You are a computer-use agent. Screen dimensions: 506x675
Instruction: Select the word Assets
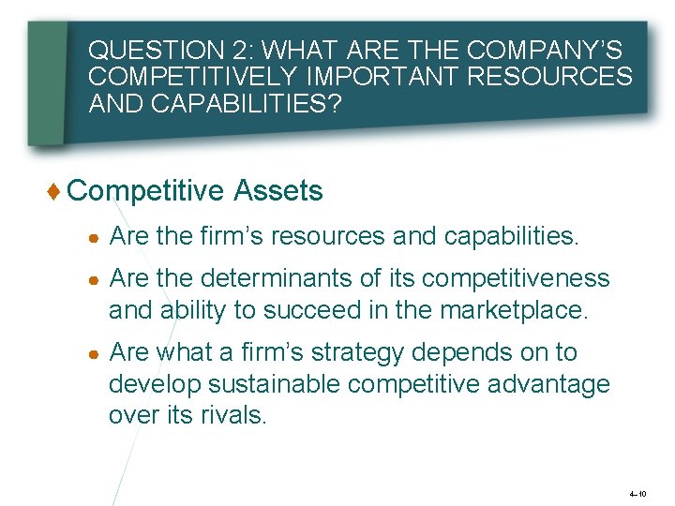278,191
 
